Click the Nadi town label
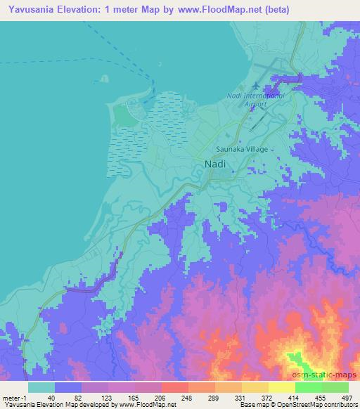[215, 164]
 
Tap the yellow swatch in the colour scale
[281, 387]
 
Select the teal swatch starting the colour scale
[41, 387]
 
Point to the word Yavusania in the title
[30, 8]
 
